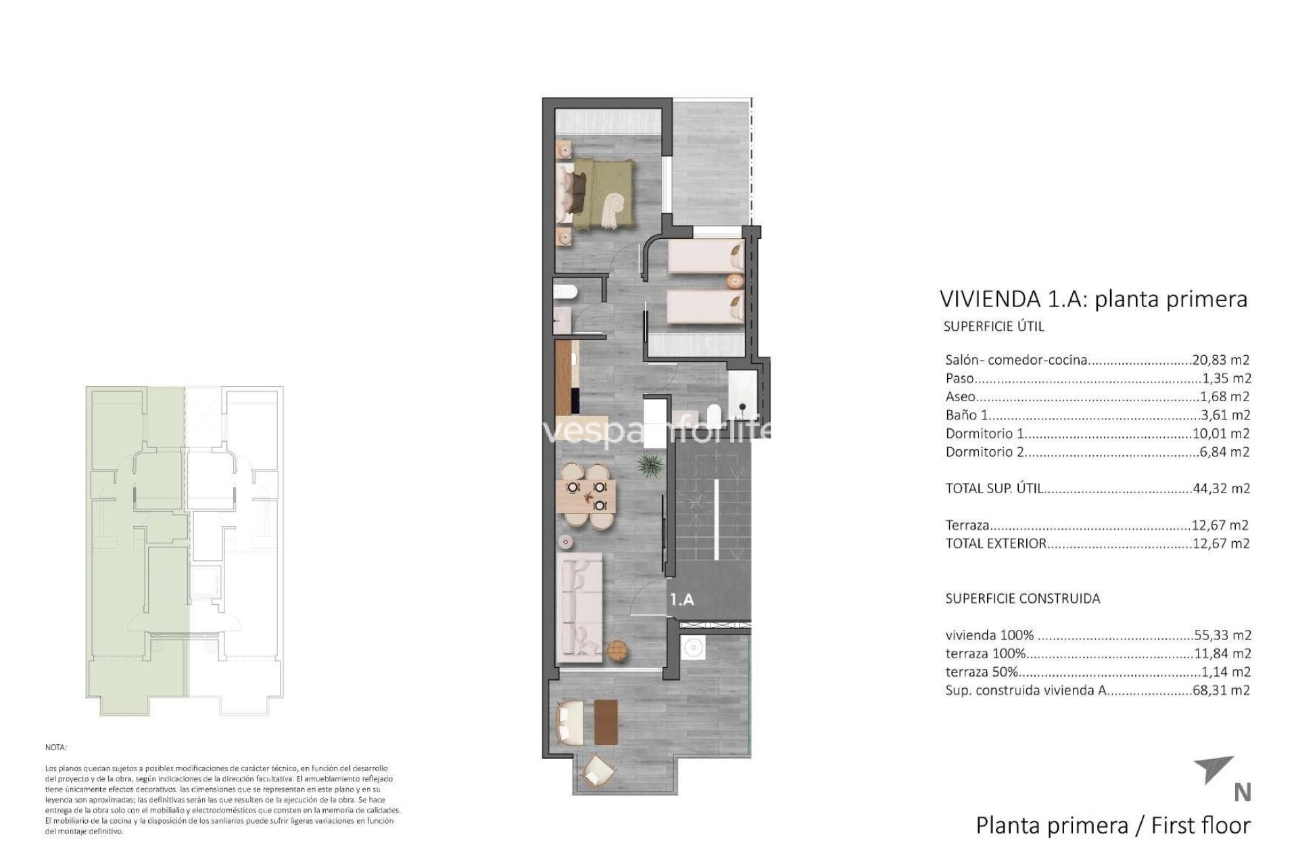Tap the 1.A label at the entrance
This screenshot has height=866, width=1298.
click(681, 599)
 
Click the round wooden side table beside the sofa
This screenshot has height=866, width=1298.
click(619, 649)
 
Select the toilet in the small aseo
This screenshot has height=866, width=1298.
click(564, 292)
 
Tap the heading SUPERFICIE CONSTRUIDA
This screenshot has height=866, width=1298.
click(1022, 599)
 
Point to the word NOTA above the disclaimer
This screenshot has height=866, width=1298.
click(56, 748)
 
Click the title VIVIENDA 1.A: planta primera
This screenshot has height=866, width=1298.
click(1093, 299)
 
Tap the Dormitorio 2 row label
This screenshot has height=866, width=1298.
click(984, 452)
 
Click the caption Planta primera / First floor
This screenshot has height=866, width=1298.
click(1113, 825)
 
